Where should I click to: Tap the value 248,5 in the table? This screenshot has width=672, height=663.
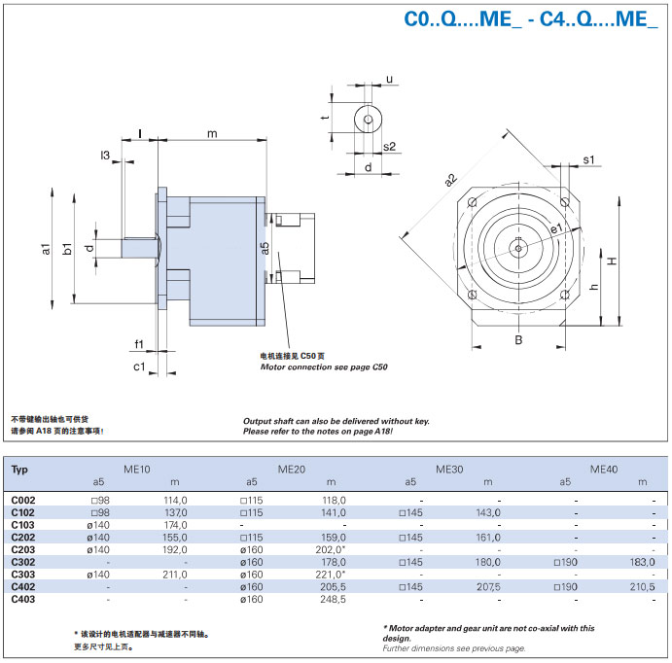tap(332, 600)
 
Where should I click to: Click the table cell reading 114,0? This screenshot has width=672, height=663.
tap(175, 500)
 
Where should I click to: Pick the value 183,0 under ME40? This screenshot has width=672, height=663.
tap(642, 562)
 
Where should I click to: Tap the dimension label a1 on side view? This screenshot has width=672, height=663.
tap(46, 249)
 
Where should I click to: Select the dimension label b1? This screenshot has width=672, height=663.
tap(67, 249)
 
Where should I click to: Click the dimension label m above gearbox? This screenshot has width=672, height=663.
tap(212, 132)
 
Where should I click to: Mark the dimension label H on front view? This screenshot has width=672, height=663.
tap(612, 261)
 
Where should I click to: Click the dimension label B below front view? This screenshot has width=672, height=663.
tap(518, 340)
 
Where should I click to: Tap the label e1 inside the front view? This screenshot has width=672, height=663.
tap(556, 227)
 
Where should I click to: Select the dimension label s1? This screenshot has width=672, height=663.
tap(588, 158)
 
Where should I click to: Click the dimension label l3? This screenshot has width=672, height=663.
tap(104, 156)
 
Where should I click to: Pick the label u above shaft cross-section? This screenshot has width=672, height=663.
tap(389, 79)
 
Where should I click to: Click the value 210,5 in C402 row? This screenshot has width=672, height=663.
tap(642, 587)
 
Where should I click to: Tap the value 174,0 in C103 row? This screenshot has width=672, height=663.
tap(175, 525)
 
